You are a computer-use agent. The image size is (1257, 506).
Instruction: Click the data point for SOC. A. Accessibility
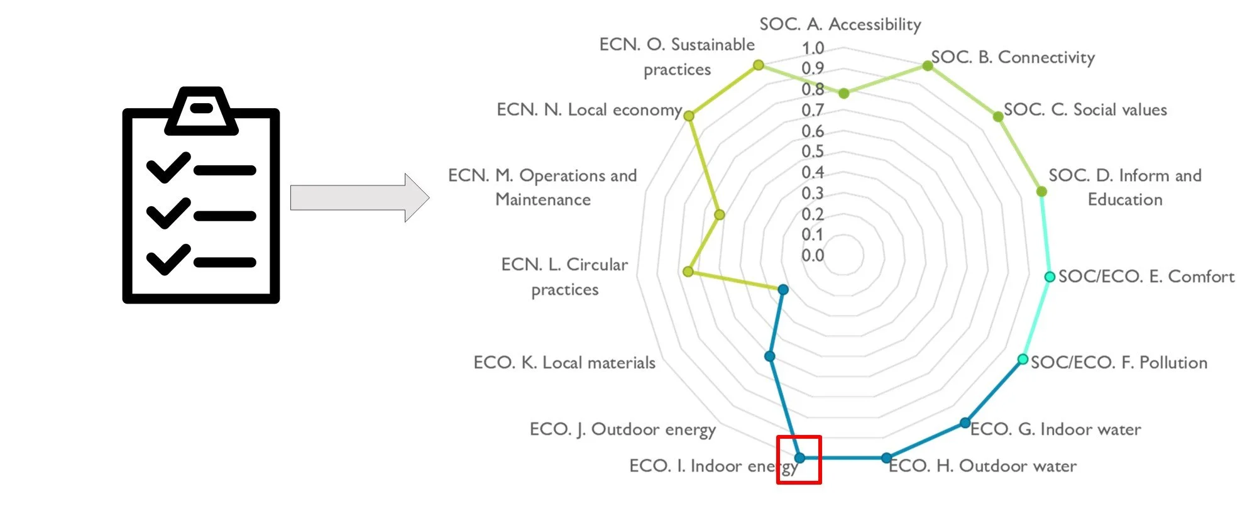(844, 93)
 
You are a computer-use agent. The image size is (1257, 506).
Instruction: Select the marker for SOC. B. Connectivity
(928, 65)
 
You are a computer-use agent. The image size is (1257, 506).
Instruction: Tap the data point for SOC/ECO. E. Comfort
(1050, 277)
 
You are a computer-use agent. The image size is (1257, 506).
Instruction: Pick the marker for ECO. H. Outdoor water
(886, 458)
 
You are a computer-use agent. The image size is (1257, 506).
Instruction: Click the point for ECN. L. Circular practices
(688, 272)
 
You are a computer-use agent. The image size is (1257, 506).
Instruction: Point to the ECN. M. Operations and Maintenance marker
(720, 214)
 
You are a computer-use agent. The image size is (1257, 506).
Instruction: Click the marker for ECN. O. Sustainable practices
(759, 65)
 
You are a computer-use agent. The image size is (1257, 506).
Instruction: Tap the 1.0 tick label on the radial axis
(813, 48)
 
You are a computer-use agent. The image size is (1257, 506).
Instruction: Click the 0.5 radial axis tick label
(813, 151)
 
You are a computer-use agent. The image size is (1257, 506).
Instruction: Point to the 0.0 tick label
(813, 255)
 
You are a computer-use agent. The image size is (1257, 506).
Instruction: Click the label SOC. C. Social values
(1085, 110)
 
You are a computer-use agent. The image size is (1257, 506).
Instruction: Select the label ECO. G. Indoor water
(1056, 429)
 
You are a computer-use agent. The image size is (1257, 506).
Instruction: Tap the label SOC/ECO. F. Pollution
(1119, 363)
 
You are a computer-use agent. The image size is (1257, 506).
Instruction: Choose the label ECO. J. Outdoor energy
(622, 429)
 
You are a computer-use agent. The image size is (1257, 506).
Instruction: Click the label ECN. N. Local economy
(589, 110)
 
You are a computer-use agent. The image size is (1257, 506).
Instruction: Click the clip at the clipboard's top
(201, 110)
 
